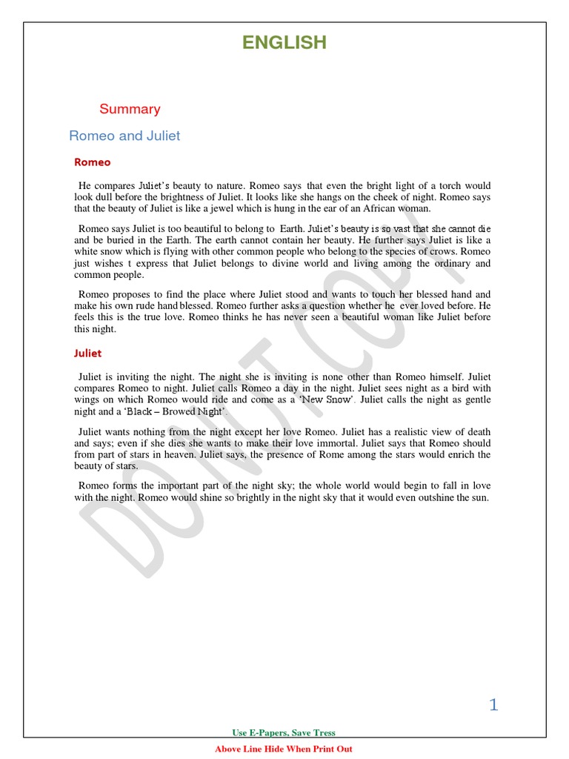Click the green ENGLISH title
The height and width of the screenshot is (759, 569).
(284, 43)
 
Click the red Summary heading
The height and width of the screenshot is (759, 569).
(130, 109)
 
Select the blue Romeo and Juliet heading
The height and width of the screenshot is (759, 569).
(124, 136)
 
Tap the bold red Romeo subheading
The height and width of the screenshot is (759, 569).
(93, 162)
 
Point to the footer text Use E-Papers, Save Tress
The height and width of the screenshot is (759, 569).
(284, 733)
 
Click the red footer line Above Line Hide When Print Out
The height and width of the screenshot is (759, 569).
(284, 749)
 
